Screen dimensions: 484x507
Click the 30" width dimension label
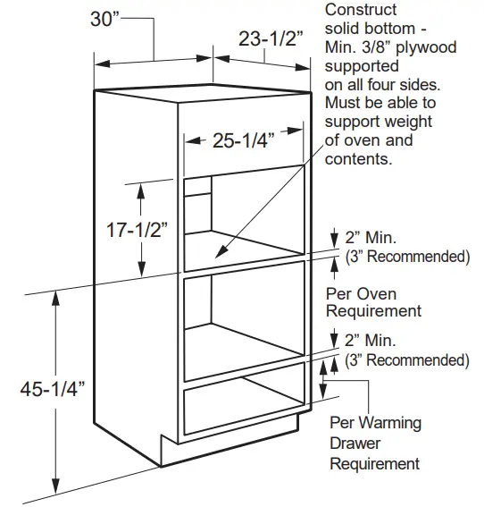[x=104, y=19]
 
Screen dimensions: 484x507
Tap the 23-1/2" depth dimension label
[x=271, y=38]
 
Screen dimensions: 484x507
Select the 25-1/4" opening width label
[x=244, y=140]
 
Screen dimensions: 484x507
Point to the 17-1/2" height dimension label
[x=138, y=230]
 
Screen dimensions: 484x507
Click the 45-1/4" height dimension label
[x=53, y=389]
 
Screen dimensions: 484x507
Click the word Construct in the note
[x=361, y=10]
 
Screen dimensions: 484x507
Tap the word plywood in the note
[x=426, y=47]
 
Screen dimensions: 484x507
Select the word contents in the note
[x=358, y=159]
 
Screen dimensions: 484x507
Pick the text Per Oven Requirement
[x=373, y=302]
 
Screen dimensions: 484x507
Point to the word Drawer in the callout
[x=355, y=443]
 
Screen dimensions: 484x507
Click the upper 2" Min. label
[x=371, y=238]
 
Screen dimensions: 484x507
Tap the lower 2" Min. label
[x=370, y=341]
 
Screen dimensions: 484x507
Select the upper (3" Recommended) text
[x=407, y=257]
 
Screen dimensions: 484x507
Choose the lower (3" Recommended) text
[x=407, y=359]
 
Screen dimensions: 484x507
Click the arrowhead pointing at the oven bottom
[x=220, y=252]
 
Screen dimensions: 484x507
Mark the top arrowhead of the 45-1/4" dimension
[x=56, y=299]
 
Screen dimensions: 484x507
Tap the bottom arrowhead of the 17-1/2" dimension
[x=141, y=269]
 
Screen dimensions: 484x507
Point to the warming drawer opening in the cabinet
[x=244, y=406]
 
